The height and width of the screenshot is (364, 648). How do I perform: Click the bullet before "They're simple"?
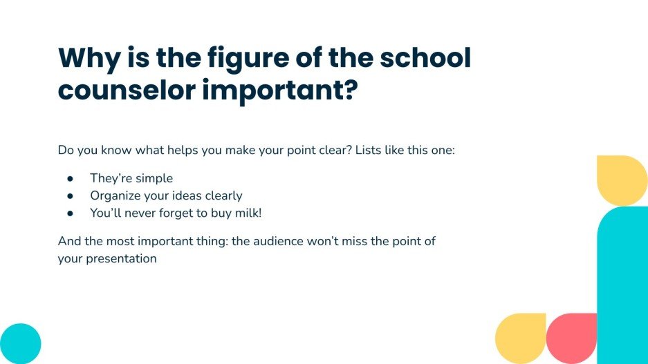(70, 179)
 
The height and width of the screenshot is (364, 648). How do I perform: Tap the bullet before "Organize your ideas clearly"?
(70, 196)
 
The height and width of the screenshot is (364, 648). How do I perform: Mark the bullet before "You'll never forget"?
(70, 213)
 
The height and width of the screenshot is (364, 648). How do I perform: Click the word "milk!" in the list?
(248, 213)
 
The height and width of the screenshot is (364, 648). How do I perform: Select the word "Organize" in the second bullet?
(114, 196)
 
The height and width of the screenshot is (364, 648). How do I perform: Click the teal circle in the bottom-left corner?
(19, 343)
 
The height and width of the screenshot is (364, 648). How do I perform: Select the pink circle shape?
(571, 338)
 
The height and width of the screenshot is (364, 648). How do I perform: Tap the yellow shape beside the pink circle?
(521, 338)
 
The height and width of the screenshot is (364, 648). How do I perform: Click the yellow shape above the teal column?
(621, 180)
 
